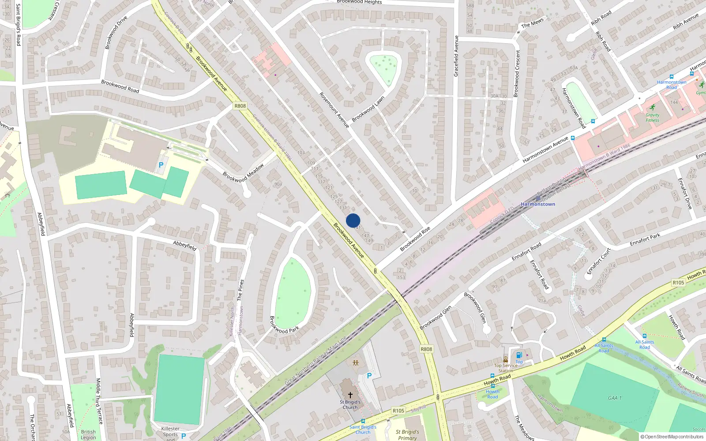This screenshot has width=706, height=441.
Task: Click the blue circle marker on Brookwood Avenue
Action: coord(353,220)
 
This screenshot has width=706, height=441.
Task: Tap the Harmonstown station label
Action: coord(538,204)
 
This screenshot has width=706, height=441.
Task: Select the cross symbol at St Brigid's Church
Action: coord(350,395)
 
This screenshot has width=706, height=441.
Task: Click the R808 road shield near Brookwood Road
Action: coord(240,106)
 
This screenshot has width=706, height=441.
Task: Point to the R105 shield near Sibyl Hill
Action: coord(398,411)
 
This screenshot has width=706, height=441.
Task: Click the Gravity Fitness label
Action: coord(652,117)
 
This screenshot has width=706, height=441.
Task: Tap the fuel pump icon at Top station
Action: coord(519,355)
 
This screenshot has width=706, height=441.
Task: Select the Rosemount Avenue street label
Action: coord(334,110)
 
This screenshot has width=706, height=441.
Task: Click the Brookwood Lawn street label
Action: coord(368,109)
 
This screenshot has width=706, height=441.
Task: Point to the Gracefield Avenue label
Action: coord(456,56)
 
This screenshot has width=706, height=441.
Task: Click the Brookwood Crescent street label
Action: coord(517,73)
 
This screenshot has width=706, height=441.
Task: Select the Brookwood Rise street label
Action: coord(415,239)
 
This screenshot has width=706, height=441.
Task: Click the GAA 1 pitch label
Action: coord(615,398)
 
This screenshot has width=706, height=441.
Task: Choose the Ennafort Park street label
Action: coord(645,240)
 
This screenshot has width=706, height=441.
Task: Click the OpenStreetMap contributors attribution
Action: coord(672,437)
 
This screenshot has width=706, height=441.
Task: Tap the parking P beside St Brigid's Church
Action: coord(369,376)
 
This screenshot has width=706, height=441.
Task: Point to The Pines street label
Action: coord(240,290)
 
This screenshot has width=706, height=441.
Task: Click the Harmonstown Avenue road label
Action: coord(545,150)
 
